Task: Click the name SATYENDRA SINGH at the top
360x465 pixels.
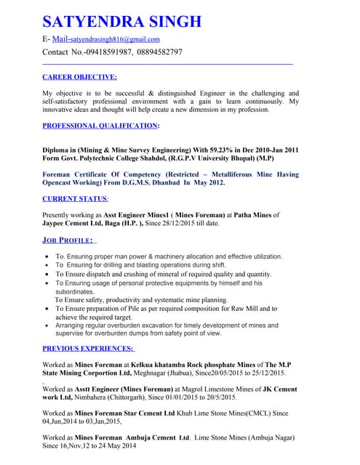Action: [121, 20]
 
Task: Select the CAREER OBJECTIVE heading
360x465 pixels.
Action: [79, 76]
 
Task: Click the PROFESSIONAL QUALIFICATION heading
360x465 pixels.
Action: [100, 126]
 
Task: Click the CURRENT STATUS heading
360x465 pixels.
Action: [76, 198]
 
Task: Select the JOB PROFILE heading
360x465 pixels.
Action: [69, 240]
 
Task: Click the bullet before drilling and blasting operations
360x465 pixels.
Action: [47, 265]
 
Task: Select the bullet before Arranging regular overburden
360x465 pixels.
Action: [47, 325]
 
